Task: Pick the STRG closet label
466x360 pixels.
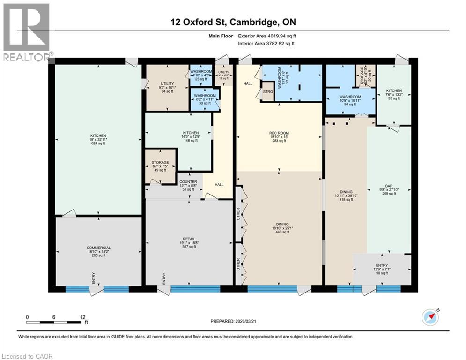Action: tap(268, 91)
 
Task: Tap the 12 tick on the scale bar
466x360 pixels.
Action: tap(82, 317)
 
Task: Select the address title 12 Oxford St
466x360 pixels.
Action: tap(233, 22)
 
